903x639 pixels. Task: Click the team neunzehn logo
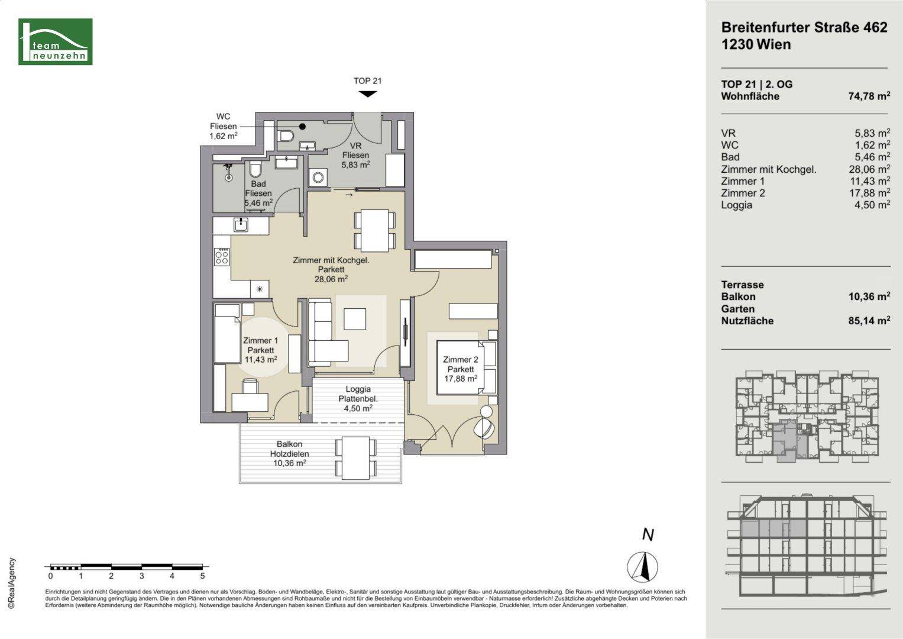click(55, 41)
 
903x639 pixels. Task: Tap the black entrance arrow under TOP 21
click(368, 94)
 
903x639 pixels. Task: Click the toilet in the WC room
click(286, 135)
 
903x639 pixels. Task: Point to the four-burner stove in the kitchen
click(222, 257)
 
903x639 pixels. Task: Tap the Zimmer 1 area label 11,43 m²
click(260, 360)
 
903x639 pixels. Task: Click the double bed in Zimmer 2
click(466, 367)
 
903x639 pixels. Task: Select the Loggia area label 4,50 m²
click(358, 408)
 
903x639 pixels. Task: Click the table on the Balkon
click(355, 458)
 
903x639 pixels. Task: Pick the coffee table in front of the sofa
click(355, 319)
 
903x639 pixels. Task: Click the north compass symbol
click(643, 566)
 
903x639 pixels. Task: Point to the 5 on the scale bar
click(202, 576)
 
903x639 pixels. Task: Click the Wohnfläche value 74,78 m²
click(869, 96)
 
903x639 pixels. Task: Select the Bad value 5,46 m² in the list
click(872, 157)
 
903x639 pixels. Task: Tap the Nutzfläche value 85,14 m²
click(869, 321)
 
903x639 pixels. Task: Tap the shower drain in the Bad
click(229, 177)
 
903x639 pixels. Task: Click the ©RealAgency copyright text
click(12, 583)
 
